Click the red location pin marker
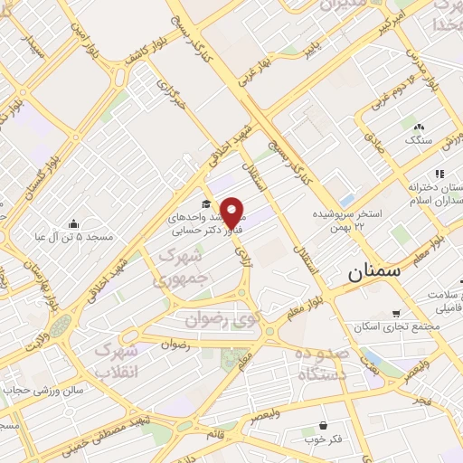232,211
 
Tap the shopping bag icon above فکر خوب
323,424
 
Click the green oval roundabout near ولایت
60,326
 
